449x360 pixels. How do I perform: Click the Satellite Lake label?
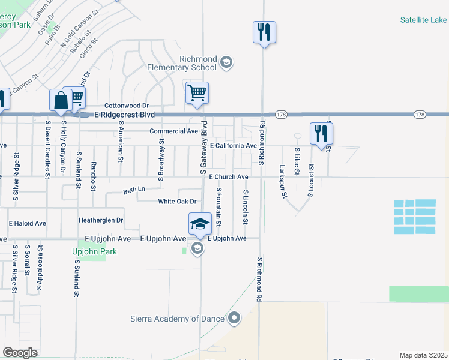(x=424, y=20)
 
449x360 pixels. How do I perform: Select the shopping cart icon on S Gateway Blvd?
(x=197, y=94)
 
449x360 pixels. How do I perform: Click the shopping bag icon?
(x=61, y=100)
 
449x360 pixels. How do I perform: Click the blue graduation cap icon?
(x=200, y=224)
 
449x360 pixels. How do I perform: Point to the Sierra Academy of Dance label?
(x=178, y=319)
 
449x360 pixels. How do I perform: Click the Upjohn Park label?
(x=94, y=251)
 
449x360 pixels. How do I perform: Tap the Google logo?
(x=20, y=353)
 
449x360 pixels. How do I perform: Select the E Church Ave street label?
(x=228, y=177)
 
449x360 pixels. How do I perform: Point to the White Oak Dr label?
(x=178, y=202)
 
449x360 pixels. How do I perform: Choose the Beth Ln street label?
(x=134, y=190)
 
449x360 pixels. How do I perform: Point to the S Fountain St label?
(x=218, y=206)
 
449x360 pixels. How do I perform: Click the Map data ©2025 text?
(x=423, y=355)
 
